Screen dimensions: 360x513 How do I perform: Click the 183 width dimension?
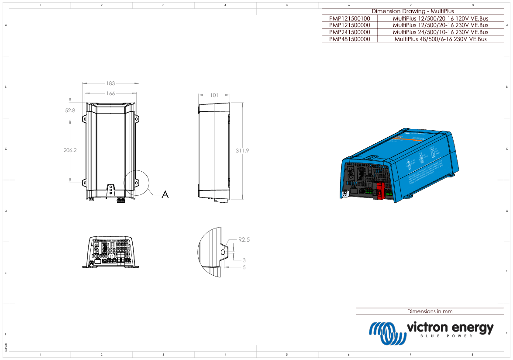pos(110,83)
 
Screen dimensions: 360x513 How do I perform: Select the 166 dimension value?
pos(110,93)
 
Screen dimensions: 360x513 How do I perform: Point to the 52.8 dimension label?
pos(70,111)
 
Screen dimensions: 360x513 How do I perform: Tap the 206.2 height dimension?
pos(70,150)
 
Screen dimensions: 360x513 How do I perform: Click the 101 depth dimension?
pos(214,95)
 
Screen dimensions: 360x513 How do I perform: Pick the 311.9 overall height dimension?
pos(243,150)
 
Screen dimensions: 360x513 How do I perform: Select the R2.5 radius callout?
pos(244,240)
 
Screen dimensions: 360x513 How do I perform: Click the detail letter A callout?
pos(165,194)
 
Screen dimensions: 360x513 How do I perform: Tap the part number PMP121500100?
pos(349,18)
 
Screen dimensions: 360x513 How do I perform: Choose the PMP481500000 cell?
pos(349,39)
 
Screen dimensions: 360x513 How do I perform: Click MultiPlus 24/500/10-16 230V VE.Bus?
pos(440,32)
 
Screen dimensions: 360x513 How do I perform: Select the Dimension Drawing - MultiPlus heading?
pos(413,11)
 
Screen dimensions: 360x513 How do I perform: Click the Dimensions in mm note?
pos(430,312)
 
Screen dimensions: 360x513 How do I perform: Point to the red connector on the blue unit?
pos(379,191)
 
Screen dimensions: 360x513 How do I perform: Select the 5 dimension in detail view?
pos(244,267)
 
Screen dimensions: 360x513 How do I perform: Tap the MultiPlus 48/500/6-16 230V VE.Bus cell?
pos(440,39)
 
